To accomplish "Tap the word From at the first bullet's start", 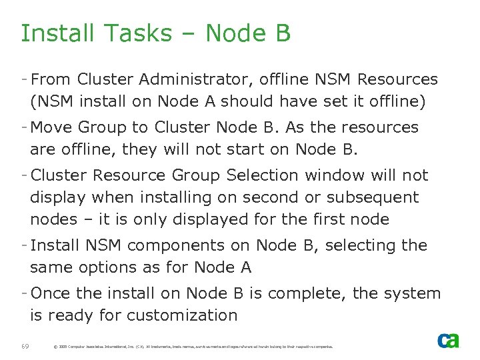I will click(x=51, y=79).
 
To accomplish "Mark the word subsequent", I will click(x=379, y=197).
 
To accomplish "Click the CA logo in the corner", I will click(x=448, y=340).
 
